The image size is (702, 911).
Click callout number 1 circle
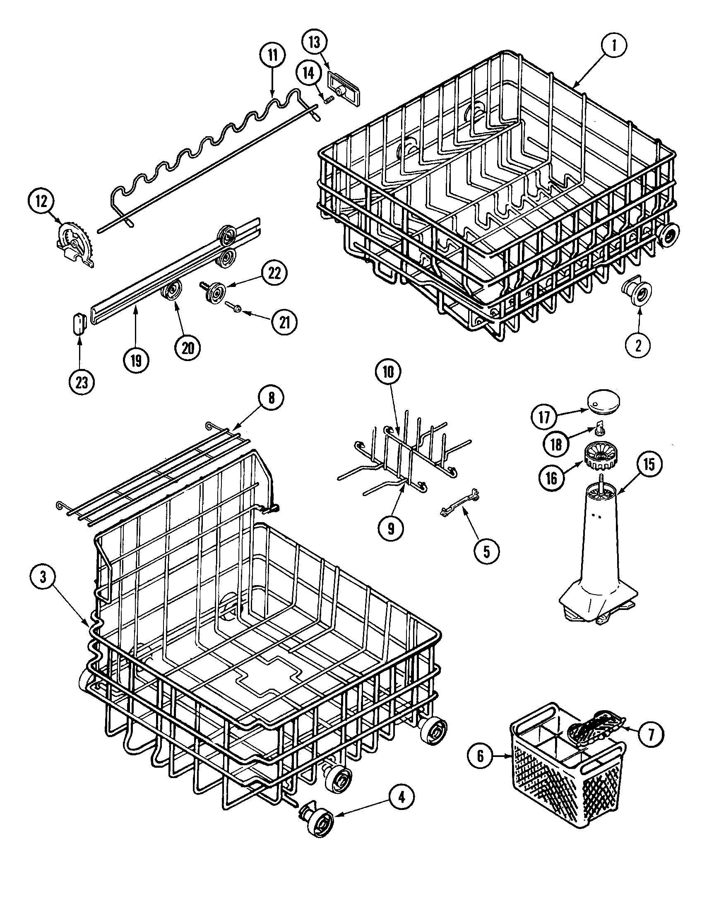pyautogui.click(x=613, y=46)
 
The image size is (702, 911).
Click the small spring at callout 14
pyautogui.click(x=330, y=100)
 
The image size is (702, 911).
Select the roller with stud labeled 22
pyautogui.click(x=215, y=289)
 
